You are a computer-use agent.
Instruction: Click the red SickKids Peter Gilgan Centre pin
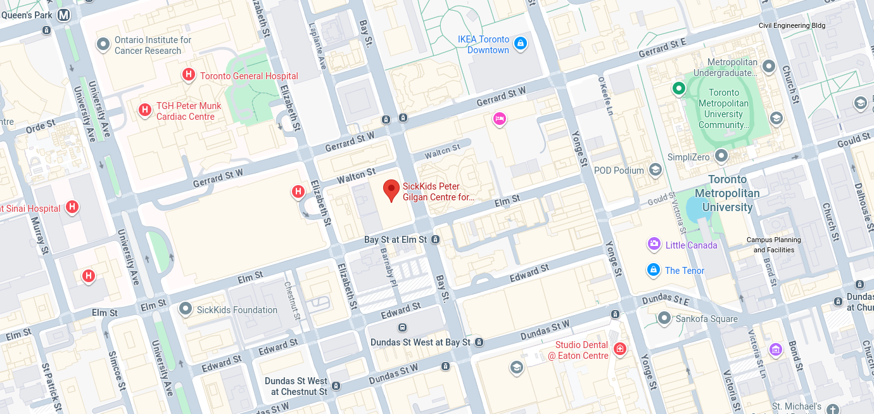pyautogui.click(x=392, y=190)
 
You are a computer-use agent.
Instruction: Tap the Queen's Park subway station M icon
pyautogui.click(x=63, y=15)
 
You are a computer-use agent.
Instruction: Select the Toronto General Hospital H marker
pyautogui.click(x=188, y=75)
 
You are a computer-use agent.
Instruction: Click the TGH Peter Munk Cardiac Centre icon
pyautogui.click(x=145, y=110)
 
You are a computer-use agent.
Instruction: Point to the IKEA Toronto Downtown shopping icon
pyautogui.click(x=520, y=43)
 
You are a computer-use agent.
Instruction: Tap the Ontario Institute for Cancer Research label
pyautogui.click(x=153, y=45)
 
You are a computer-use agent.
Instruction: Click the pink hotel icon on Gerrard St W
pyautogui.click(x=500, y=118)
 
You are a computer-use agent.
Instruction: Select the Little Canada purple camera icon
pyautogui.click(x=654, y=244)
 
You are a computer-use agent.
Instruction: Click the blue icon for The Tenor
pyautogui.click(x=654, y=270)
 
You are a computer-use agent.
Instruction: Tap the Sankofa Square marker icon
pyautogui.click(x=664, y=318)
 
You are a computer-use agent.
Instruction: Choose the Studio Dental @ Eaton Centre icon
pyautogui.click(x=619, y=349)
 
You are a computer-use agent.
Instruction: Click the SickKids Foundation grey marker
pyautogui.click(x=186, y=309)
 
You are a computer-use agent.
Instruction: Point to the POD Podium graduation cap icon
pyautogui.click(x=655, y=169)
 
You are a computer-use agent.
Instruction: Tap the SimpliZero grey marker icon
pyautogui.click(x=721, y=155)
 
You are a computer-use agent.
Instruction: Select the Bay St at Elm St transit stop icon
pyautogui.click(x=435, y=240)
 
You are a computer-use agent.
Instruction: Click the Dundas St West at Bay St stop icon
pyautogui.click(x=479, y=342)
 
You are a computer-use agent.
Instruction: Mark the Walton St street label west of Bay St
pyautogui.click(x=357, y=176)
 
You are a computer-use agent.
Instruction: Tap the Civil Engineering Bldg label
pyautogui.click(x=792, y=25)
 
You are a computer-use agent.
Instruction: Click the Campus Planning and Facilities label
pyautogui.click(x=773, y=245)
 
